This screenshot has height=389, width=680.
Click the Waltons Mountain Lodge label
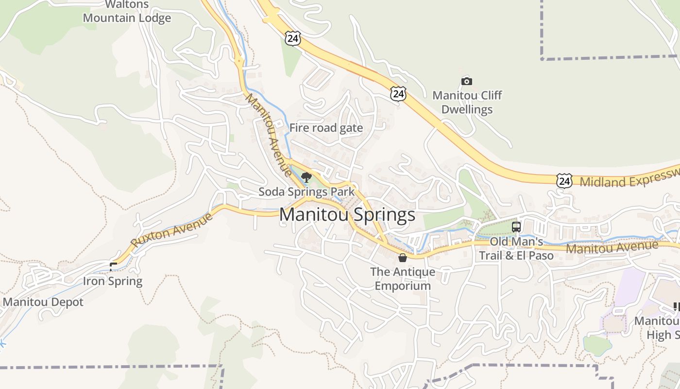pyautogui.click(x=127, y=12)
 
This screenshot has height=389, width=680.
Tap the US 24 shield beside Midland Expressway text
pyautogui.click(x=564, y=181)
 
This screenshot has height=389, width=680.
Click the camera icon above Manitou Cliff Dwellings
pyautogui.click(x=466, y=81)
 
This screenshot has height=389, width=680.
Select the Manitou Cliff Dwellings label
pyautogui.click(x=467, y=102)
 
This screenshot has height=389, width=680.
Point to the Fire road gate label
pyautogui.click(x=326, y=128)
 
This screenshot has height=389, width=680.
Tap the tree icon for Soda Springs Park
pyautogui.click(x=306, y=177)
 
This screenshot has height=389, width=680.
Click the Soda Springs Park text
pyautogui.click(x=306, y=192)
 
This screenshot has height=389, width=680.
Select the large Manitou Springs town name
pyautogui.click(x=347, y=214)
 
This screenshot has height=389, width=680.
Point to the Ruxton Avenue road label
pyautogui.click(x=172, y=230)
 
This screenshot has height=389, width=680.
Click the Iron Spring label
pyautogui.click(x=113, y=281)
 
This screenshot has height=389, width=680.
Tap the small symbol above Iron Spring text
pyautogui.click(x=113, y=266)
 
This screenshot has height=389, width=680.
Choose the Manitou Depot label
pyautogui.click(x=43, y=302)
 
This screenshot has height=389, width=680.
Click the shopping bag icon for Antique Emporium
pyautogui.click(x=402, y=257)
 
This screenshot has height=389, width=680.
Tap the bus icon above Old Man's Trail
pyautogui.click(x=516, y=227)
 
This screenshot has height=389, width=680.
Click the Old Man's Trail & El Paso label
pyautogui.click(x=516, y=248)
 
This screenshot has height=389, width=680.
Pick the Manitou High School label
pyautogui.click(x=658, y=328)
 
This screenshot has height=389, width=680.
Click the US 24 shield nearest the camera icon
pyautogui.click(x=398, y=94)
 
